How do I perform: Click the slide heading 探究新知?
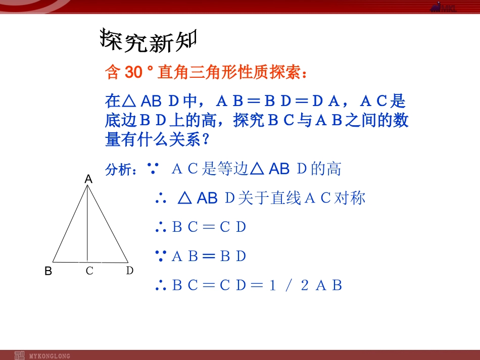[x=148, y=40]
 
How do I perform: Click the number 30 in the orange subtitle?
[x=133, y=73]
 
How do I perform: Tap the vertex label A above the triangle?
[x=88, y=179]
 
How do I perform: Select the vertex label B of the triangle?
[x=49, y=272]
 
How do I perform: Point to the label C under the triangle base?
[x=89, y=271]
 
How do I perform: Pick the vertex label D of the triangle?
[x=130, y=271]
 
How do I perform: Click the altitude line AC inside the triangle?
[x=88, y=227]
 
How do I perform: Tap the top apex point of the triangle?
[x=88, y=186]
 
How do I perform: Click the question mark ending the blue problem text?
[x=205, y=140]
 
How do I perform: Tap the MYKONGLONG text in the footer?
[x=50, y=356]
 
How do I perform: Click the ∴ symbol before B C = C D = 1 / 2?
[x=161, y=286]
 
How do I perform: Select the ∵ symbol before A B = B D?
[x=161, y=256]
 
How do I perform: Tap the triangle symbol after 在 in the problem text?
[x=129, y=101]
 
